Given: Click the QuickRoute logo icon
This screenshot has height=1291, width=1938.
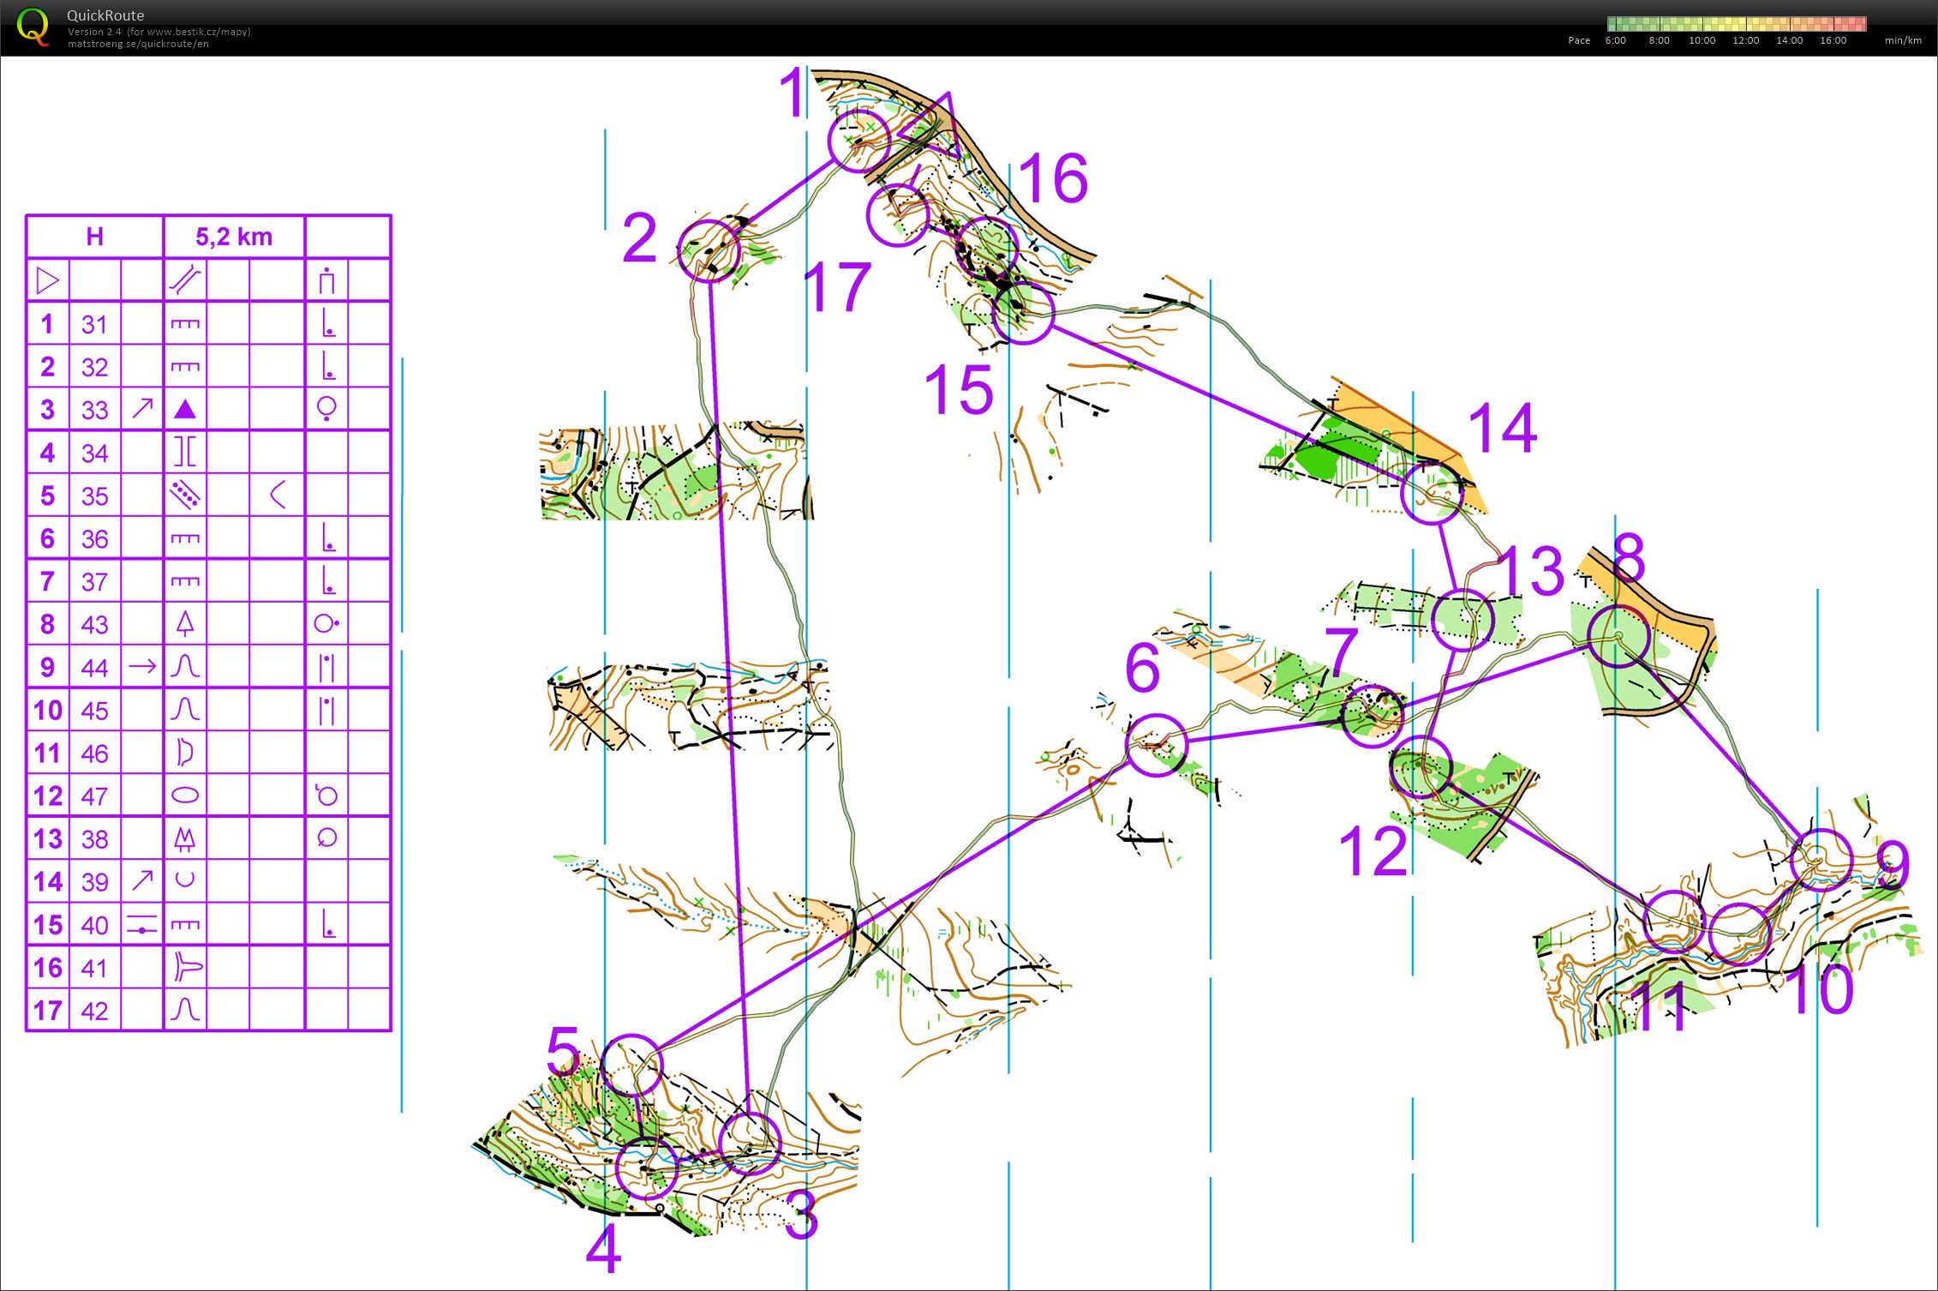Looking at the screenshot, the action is click(33, 27).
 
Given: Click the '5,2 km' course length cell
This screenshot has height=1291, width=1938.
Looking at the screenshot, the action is click(234, 237).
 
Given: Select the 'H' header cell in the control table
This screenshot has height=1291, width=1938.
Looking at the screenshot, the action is click(95, 237).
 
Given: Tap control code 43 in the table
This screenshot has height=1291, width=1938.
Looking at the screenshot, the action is click(94, 624).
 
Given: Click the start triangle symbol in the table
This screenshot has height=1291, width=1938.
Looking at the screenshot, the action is click(48, 280).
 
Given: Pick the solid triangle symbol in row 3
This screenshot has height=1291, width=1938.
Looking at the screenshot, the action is click(185, 409).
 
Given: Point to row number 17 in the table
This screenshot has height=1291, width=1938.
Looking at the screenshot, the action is click(48, 1011).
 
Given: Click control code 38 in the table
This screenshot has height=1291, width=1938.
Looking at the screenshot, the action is click(94, 838).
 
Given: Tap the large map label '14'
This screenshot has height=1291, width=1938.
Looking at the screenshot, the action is click(1503, 428).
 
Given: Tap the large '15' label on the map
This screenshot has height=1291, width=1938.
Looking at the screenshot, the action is click(959, 389).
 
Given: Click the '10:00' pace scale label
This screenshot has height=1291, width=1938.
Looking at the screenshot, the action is click(1702, 40).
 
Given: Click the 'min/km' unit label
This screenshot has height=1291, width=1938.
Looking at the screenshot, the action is click(1903, 40).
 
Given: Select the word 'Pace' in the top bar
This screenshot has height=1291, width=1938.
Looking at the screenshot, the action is click(1579, 40).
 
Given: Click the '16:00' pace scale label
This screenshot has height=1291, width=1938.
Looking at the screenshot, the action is click(1833, 40).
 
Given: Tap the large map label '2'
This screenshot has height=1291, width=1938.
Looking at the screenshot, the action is click(640, 237).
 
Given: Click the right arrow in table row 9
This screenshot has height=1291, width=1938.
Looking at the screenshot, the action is click(142, 666).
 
